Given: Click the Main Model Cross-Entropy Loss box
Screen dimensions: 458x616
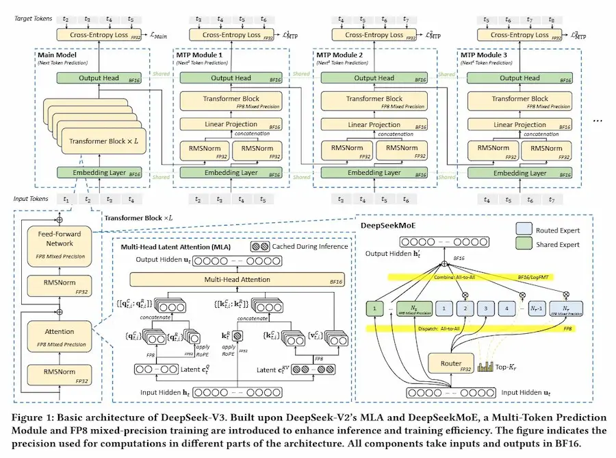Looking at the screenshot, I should click(99, 34).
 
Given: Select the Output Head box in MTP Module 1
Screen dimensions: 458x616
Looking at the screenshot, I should click(231, 78).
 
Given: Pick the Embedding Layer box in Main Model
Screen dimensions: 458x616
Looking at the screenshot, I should click(99, 173).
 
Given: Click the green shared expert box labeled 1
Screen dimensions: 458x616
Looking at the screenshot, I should click(375, 309).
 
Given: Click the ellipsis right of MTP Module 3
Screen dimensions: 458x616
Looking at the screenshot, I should click(598, 120).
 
